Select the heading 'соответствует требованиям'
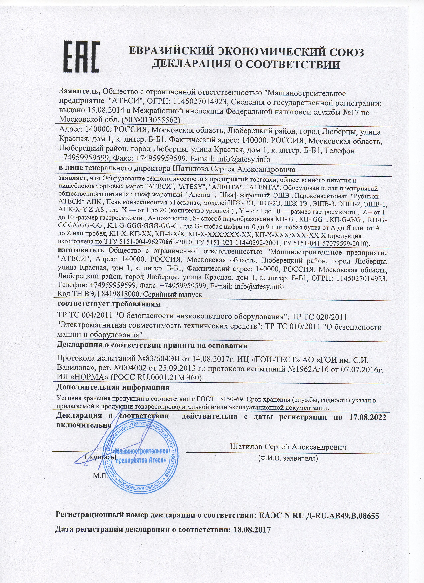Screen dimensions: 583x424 pyautogui.click(x=109, y=304)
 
